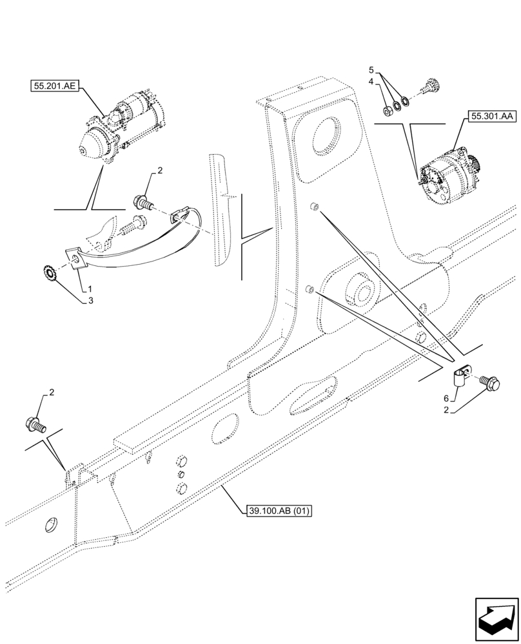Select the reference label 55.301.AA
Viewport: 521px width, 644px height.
(x=492, y=116)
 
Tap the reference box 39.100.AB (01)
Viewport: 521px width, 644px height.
(x=279, y=511)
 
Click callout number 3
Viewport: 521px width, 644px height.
(x=91, y=299)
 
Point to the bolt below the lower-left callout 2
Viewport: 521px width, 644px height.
(x=35, y=424)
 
